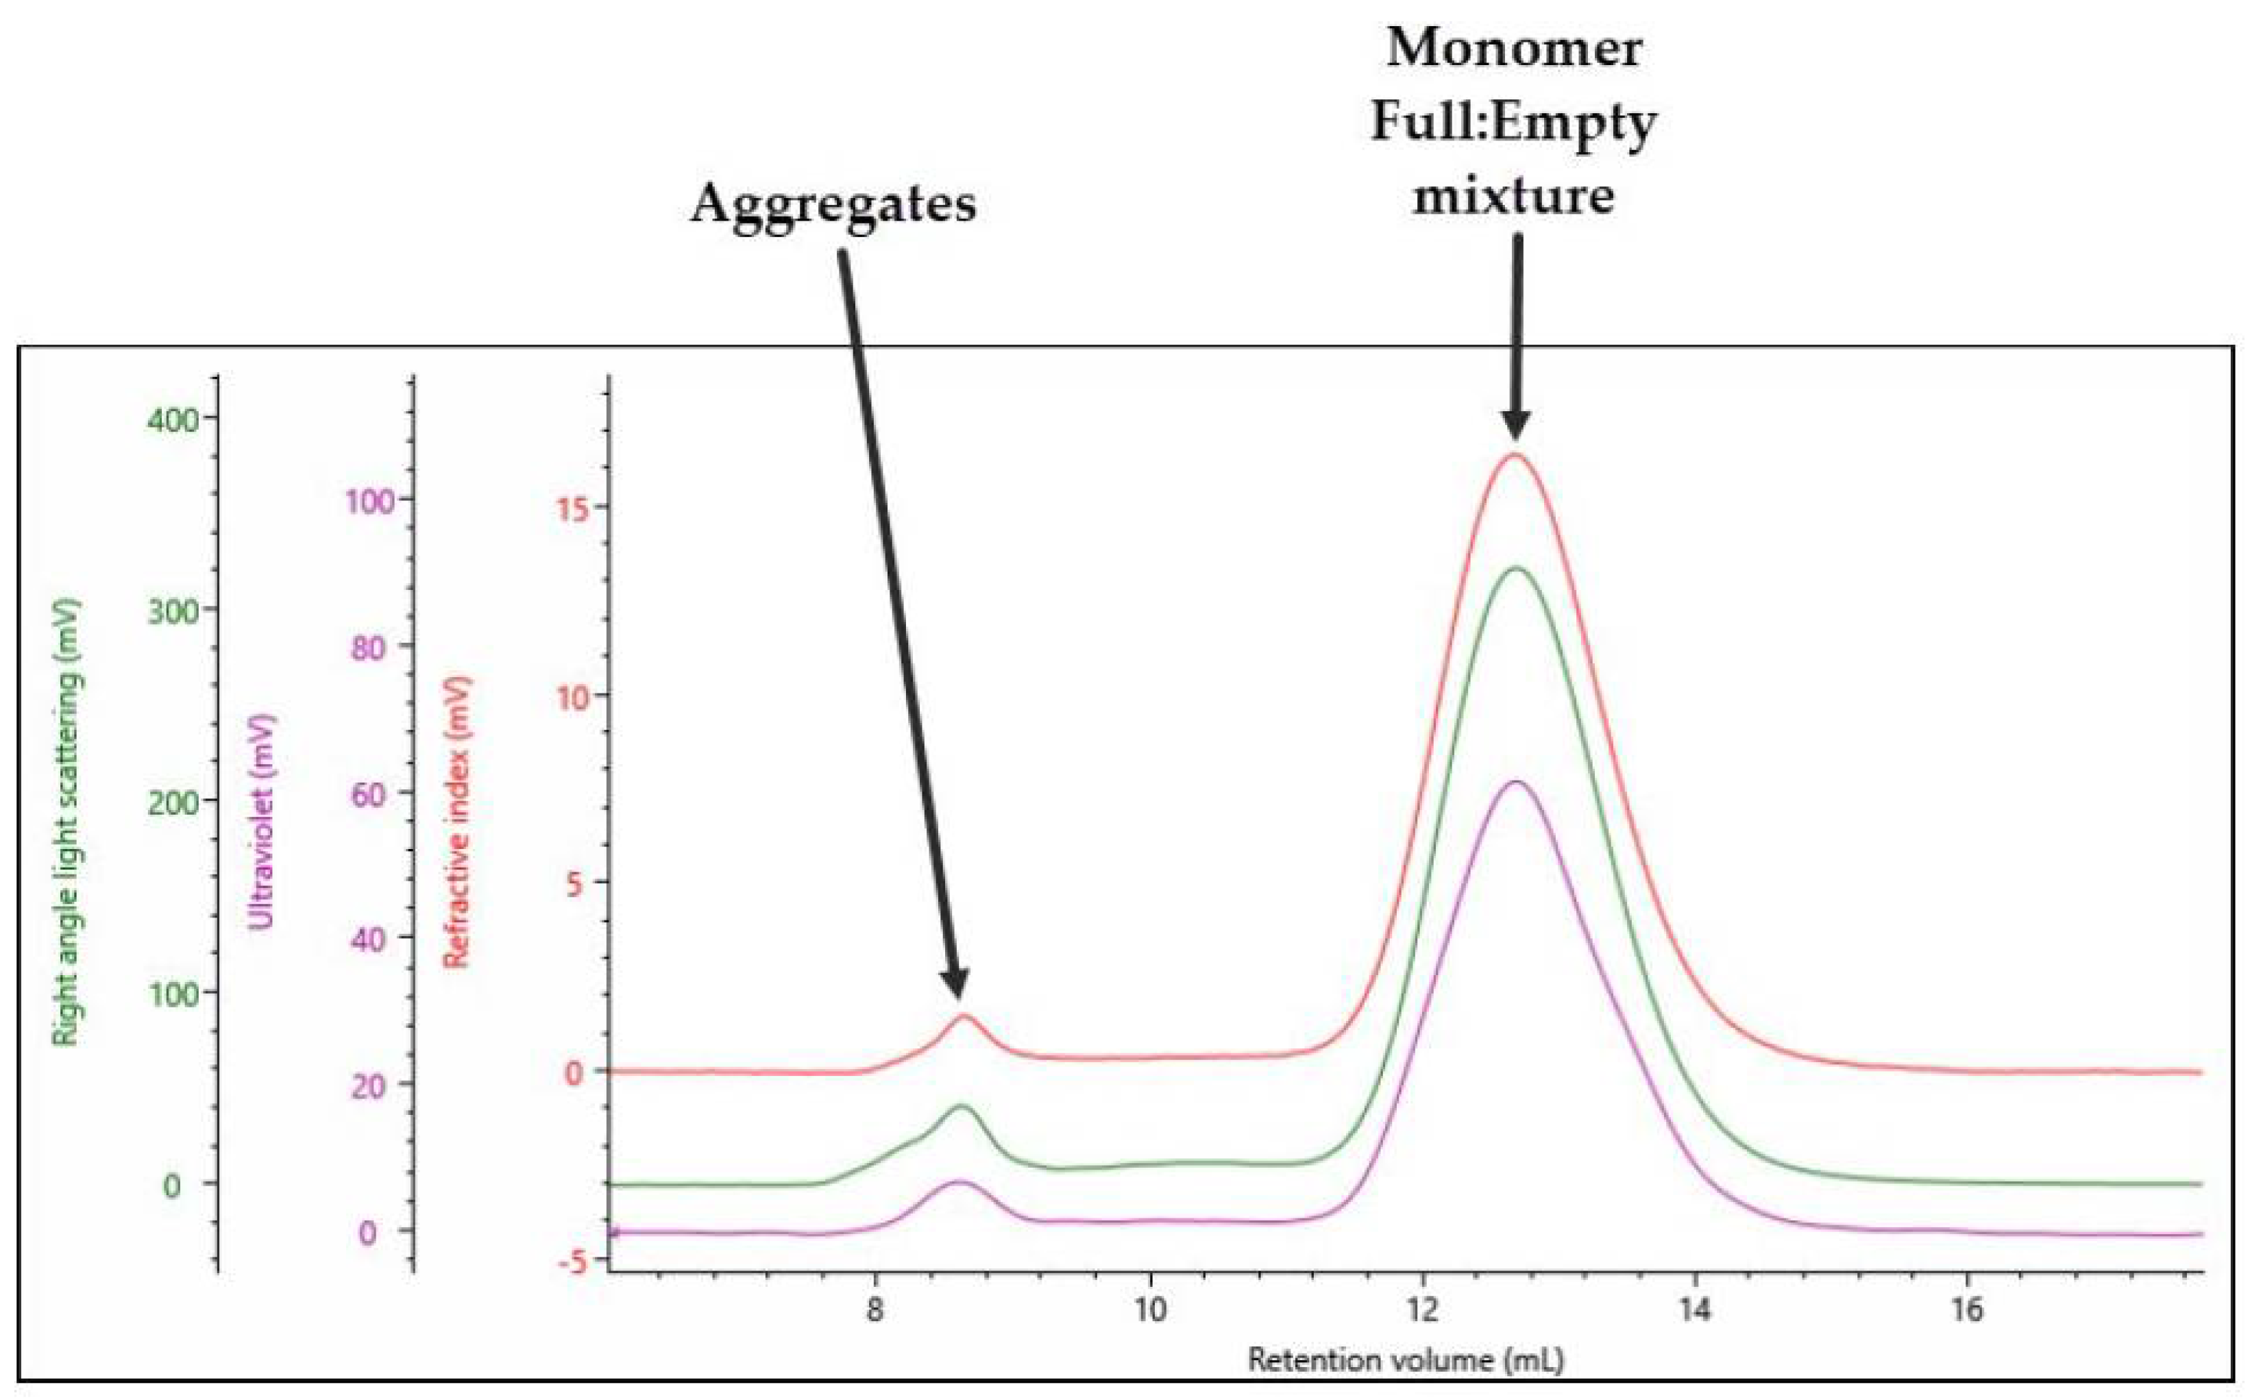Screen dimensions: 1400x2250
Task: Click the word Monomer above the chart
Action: (x=1514, y=47)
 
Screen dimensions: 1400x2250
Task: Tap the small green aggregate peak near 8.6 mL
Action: (x=963, y=1107)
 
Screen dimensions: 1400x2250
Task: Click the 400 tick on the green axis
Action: (x=173, y=419)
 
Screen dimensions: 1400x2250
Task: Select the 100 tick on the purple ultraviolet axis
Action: (x=369, y=502)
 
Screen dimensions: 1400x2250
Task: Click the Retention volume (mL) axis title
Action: (x=1406, y=1360)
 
